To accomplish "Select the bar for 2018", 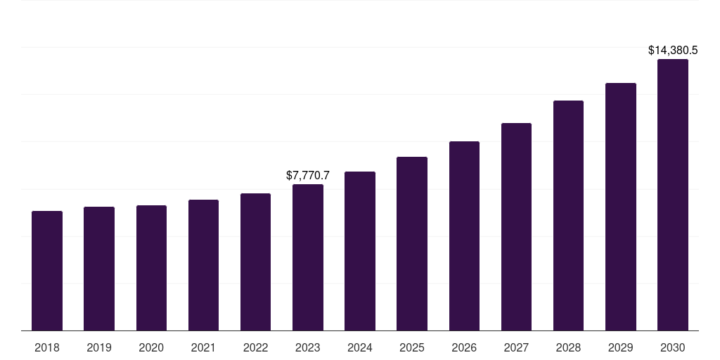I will coord(47,271).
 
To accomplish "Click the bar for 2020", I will coord(151,268).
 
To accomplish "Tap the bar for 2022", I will coord(255,262).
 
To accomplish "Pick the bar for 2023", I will coord(308,257).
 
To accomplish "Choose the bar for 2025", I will coord(412,243).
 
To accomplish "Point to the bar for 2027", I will coord(516,226).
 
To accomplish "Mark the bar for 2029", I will coord(621,207).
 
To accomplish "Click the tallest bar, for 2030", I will coord(673,195).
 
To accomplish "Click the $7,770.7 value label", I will coord(308,175).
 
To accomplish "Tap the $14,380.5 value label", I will coord(673,50).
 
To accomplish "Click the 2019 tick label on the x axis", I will coord(99,347).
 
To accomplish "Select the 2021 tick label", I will coord(203,347).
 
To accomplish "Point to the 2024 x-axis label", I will coord(360,347).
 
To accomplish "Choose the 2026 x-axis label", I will coord(464,347).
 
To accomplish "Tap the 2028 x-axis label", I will coord(568,347).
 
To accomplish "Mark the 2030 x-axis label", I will coord(673,347).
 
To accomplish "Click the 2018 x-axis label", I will coord(47,347).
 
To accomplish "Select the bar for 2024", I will coord(360,251).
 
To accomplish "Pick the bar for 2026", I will coord(464,236).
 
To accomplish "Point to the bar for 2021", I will coord(203,265).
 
